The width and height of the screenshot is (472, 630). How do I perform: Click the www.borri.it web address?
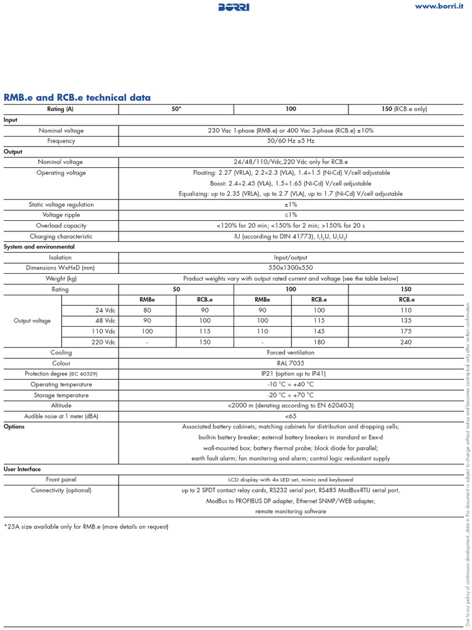(x=439, y=6)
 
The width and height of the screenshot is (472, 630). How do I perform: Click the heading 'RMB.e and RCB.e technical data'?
(x=77, y=98)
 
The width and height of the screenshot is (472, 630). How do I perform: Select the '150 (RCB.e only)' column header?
(x=404, y=109)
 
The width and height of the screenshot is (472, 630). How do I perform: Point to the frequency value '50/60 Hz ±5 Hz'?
(x=291, y=141)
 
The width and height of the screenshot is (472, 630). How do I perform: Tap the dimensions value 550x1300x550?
(x=291, y=268)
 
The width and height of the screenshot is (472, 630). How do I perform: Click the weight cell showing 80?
(x=147, y=310)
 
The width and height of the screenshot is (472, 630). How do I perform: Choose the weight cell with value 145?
(x=319, y=332)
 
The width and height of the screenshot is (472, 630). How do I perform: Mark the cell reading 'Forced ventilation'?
(x=291, y=353)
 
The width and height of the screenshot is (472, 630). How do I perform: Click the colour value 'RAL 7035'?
(x=291, y=363)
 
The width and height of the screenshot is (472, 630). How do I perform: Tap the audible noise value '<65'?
(x=291, y=416)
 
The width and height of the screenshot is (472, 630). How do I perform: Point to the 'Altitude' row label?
(x=61, y=405)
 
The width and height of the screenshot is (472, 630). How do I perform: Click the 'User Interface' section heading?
(x=22, y=469)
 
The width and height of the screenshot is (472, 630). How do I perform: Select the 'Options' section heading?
(x=14, y=426)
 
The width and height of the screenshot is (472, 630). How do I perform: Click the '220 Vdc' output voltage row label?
(x=102, y=342)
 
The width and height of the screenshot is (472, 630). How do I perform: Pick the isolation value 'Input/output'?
(x=291, y=257)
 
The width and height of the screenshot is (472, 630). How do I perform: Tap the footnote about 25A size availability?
(x=86, y=527)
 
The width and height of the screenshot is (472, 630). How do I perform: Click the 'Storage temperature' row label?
(x=61, y=395)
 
